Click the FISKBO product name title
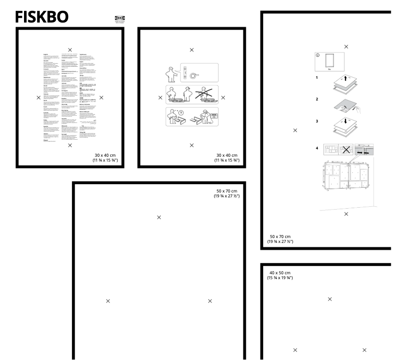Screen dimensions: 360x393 click(x=42, y=17)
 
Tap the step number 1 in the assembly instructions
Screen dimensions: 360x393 click(x=317, y=77)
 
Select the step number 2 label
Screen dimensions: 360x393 click(x=317, y=99)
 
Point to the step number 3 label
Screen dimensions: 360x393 click(x=317, y=120)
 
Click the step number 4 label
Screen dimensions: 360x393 click(x=317, y=147)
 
